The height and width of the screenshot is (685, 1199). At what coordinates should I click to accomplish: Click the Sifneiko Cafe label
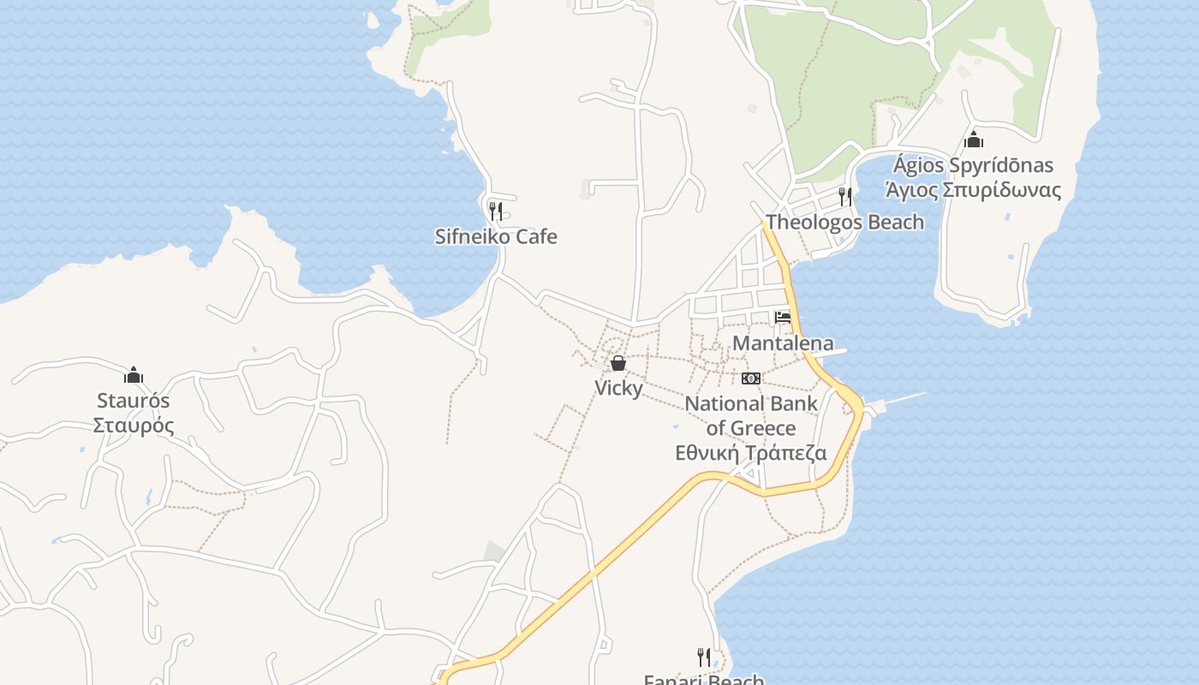click(496, 236)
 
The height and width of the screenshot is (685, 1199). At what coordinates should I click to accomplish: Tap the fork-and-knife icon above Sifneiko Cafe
click(495, 210)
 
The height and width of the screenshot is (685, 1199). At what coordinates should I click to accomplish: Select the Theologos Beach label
click(844, 223)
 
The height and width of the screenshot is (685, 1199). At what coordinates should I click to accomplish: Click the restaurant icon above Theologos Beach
click(845, 196)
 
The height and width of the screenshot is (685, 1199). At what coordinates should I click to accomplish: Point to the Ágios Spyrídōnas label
click(973, 164)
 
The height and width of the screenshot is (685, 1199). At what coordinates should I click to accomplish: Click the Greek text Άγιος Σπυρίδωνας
click(973, 190)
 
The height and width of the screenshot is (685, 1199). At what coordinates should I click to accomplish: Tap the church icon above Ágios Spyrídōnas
click(973, 140)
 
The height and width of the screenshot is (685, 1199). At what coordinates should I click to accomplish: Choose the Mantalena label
click(783, 343)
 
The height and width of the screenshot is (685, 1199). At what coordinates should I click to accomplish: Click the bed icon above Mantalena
click(783, 318)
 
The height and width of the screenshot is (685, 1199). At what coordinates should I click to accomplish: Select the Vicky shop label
click(618, 388)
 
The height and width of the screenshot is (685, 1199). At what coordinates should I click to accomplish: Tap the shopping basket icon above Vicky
click(618, 363)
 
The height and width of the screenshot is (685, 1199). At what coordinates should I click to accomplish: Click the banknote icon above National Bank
click(751, 378)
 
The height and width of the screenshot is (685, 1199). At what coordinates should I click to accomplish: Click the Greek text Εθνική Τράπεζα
click(751, 453)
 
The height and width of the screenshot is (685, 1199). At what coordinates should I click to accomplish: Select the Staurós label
click(134, 401)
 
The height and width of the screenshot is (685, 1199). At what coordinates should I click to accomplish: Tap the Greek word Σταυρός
click(134, 426)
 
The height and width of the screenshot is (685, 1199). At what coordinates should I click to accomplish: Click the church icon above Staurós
click(134, 375)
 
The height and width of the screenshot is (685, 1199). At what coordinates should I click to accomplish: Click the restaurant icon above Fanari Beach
click(704, 657)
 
